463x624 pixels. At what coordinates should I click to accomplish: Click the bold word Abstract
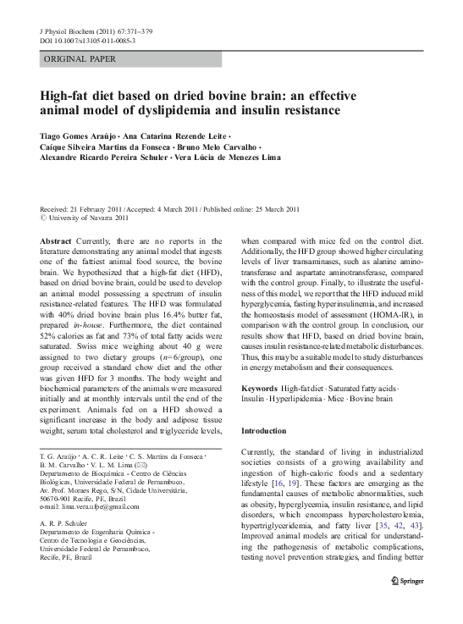coord(56,241)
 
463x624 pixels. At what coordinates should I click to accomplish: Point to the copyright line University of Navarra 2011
coord(93,218)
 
